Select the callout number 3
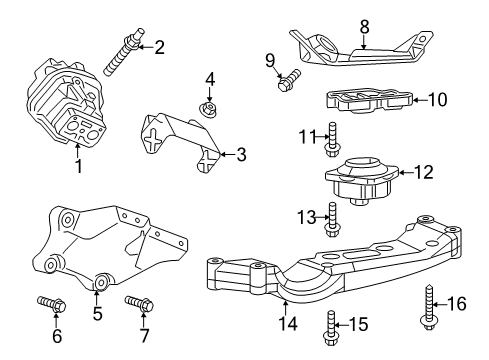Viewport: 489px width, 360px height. pyautogui.click(x=240, y=154)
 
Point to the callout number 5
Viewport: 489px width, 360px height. pyautogui.click(x=97, y=312)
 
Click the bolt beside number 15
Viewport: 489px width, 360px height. pyautogui.click(x=331, y=322)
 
